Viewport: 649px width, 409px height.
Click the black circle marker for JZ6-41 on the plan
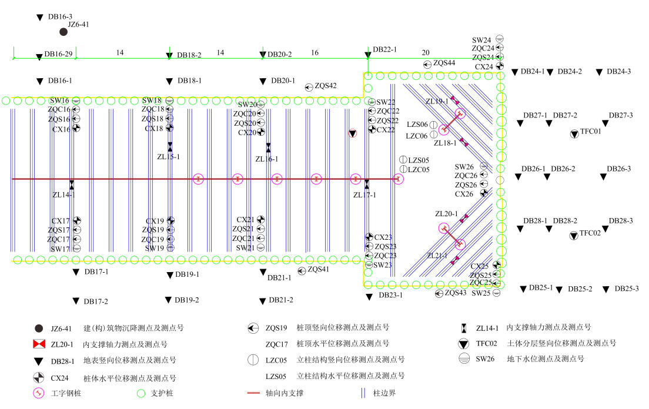tap(63, 32)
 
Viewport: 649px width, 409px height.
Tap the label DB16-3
tap(60, 17)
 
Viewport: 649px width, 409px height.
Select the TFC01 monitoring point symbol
tap(574, 135)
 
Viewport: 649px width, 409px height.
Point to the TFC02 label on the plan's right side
tap(590, 233)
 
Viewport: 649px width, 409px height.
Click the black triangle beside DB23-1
tap(369, 297)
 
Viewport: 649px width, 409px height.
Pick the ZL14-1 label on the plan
tap(64, 195)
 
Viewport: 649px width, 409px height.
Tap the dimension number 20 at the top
tap(426, 52)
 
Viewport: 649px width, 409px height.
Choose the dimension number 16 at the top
tap(315, 52)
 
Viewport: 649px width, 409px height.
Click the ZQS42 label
tap(326, 86)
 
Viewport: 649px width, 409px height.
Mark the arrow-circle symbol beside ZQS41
tap(302, 270)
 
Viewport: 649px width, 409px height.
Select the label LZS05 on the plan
tap(419, 160)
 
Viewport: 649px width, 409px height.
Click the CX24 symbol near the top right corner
tap(500, 67)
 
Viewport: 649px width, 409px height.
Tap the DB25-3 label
tap(627, 289)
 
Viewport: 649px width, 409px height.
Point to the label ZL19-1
tap(437, 102)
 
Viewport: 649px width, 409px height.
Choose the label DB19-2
tap(187, 300)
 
